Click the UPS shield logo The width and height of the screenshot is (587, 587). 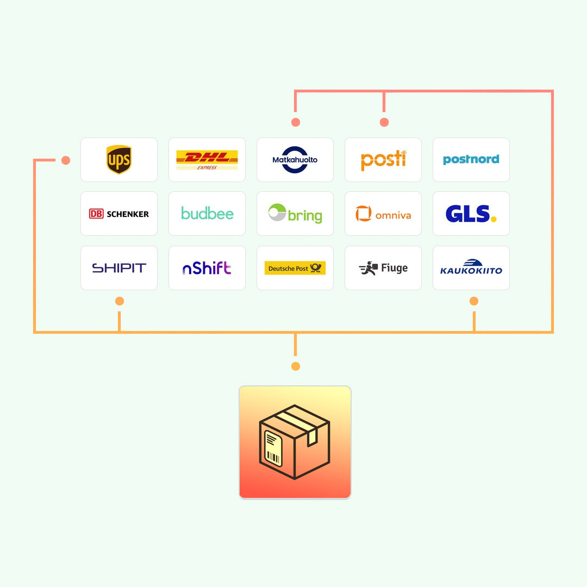(x=119, y=159)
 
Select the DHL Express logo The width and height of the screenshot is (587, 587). (x=207, y=159)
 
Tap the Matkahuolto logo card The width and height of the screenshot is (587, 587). (x=295, y=159)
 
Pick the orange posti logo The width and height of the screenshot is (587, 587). (x=383, y=160)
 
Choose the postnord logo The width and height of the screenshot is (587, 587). (x=471, y=159)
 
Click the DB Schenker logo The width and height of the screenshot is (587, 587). (x=119, y=214)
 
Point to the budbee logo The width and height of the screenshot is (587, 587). (x=207, y=214)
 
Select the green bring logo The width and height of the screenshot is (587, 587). (x=295, y=214)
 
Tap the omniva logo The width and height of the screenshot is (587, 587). (x=383, y=214)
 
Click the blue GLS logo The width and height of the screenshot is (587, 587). (x=471, y=214)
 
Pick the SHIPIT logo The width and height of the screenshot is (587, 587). (x=119, y=268)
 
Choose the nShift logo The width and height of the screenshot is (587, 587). (x=207, y=268)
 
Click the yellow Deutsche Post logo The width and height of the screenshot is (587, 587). (x=295, y=268)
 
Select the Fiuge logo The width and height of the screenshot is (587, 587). (x=383, y=268)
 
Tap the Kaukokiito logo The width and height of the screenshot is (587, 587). (x=471, y=267)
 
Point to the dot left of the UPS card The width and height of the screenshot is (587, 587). (x=66, y=160)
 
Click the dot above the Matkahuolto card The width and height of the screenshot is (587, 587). (x=296, y=122)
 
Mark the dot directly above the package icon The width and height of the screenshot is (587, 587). (x=296, y=366)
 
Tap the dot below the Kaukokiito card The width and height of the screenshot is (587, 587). (x=474, y=301)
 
